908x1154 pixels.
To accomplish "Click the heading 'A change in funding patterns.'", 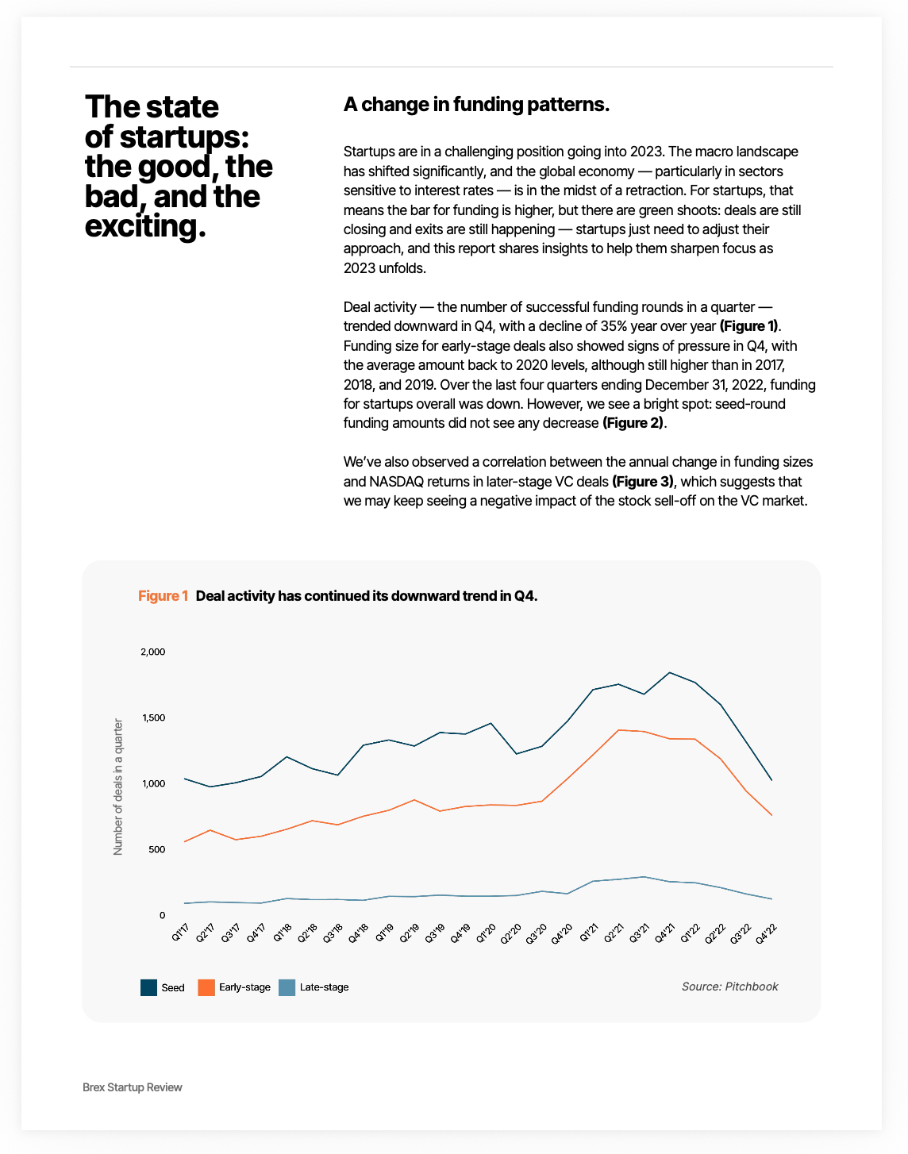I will tap(476, 105).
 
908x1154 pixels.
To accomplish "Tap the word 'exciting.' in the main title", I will tap(145, 227).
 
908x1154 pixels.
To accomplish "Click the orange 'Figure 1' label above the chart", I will tap(163, 596).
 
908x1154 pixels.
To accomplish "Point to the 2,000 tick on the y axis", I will tap(152, 652).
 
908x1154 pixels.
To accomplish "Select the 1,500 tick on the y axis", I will tap(152, 718).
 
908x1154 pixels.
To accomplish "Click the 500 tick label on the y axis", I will tap(156, 850).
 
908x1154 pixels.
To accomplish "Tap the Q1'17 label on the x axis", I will tap(180, 933).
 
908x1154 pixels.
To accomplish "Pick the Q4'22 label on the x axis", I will tap(766, 933).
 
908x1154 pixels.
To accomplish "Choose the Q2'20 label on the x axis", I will tap(511, 933).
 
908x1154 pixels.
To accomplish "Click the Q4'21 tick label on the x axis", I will tap(664, 933).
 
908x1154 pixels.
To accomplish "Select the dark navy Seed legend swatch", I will tap(148, 987).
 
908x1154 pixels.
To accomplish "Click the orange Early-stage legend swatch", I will tap(206, 987).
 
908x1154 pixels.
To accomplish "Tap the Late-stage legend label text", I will tap(324, 987).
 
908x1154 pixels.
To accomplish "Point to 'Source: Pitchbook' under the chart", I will tap(729, 987).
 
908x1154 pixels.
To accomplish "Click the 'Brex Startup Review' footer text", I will tap(133, 1087).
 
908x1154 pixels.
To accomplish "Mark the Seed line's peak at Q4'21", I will tap(670, 672).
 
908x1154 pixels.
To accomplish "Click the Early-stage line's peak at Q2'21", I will tap(618, 730).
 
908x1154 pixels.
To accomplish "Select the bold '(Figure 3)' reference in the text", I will tap(643, 482).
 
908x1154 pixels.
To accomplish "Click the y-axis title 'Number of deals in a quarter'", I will tap(118, 787).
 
